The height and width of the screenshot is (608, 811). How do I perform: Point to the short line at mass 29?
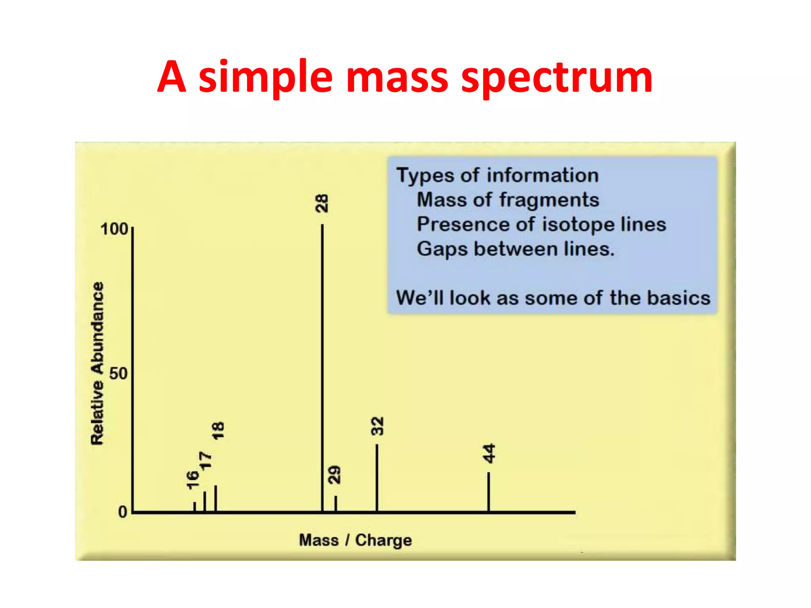tap(336, 503)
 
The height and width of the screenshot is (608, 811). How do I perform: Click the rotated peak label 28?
tap(322, 203)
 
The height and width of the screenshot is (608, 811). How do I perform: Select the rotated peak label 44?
tap(489, 453)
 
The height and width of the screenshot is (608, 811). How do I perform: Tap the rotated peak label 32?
tap(377, 426)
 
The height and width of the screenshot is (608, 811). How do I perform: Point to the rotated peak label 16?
tap(192, 480)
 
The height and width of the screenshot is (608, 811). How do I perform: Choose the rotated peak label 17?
tap(206, 461)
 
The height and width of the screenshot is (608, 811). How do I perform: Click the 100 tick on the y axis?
tap(114, 229)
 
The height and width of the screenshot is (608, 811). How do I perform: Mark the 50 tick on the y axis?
tap(118, 374)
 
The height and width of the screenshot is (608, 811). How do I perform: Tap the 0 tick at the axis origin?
tap(123, 512)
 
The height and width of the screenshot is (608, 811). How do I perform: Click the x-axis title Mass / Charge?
tap(355, 540)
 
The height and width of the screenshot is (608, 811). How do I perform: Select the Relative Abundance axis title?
tap(97, 363)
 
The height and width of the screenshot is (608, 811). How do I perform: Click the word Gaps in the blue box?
tap(442, 249)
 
